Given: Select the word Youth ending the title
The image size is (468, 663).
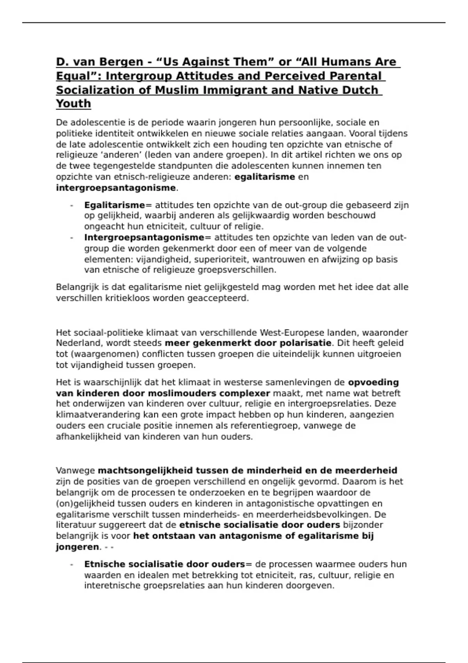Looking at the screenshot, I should coord(73,104).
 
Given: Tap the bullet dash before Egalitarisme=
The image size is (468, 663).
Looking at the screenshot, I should coord(71,205).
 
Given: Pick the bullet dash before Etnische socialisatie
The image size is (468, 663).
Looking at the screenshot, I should coord(71,564).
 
